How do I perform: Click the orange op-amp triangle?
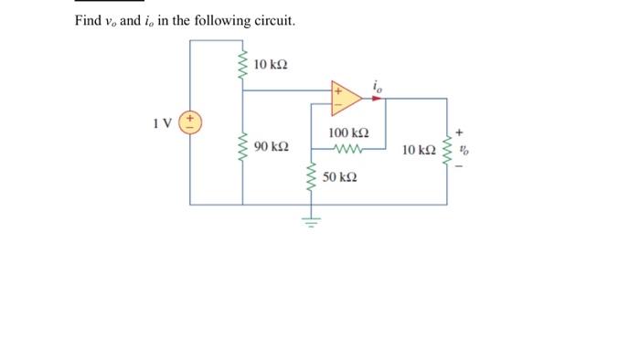coord(345,98)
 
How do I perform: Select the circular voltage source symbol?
coord(192,122)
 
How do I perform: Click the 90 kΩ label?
coord(272,147)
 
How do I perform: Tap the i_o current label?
coord(377,87)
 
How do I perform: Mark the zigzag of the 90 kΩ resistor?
coord(243,146)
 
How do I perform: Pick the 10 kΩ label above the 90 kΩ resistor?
coord(271,64)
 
